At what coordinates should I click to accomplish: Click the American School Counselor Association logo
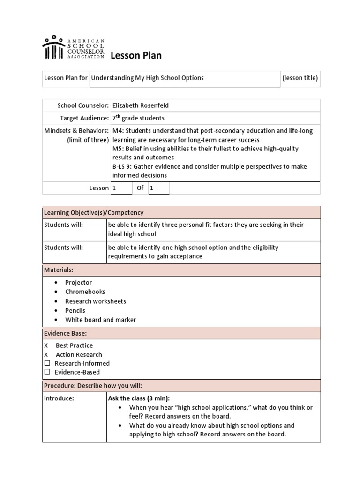[x=73, y=47]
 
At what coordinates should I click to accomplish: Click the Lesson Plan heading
[x=136, y=55]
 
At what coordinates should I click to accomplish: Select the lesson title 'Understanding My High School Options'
[x=147, y=78]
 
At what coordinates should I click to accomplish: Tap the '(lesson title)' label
[x=300, y=78]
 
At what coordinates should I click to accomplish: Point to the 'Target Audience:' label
[x=84, y=118]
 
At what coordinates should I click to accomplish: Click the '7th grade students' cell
[x=138, y=118]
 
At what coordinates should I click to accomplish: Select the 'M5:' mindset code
[x=118, y=149]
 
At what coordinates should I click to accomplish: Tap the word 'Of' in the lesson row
[x=140, y=188]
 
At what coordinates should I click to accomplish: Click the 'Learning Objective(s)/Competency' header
[x=94, y=213]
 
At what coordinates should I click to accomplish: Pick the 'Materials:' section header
[x=59, y=270]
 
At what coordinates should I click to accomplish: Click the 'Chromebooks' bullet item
[x=85, y=292]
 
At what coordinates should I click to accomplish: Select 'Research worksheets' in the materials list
[x=95, y=301]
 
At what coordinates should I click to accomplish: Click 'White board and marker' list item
[x=100, y=320]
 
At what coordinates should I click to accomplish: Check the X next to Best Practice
[x=46, y=345]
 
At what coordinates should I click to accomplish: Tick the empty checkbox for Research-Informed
[x=47, y=363]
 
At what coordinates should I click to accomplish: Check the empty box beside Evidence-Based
[x=47, y=372]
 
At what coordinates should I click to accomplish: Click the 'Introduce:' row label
[x=59, y=398]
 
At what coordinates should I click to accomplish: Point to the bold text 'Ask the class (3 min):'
[x=139, y=398]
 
